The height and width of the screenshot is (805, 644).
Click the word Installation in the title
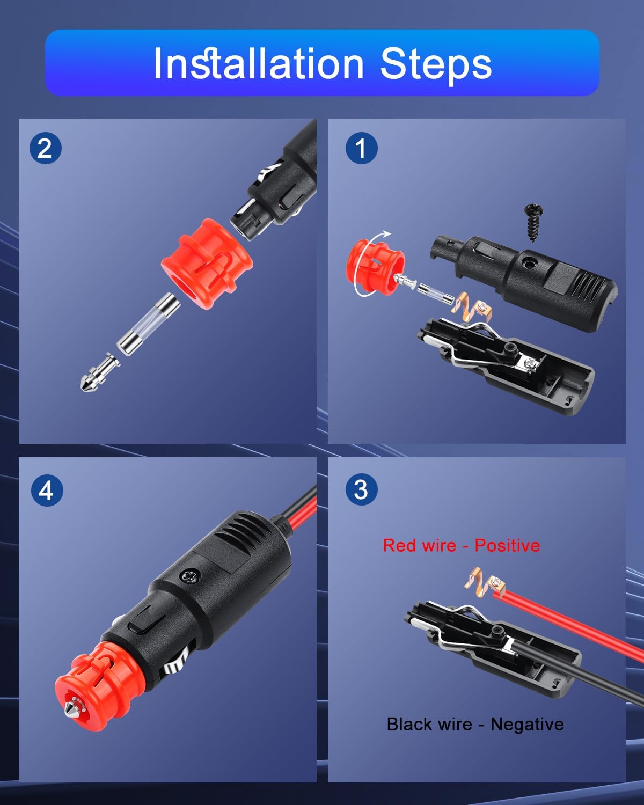[259, 63]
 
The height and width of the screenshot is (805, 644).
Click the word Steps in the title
[436, 65]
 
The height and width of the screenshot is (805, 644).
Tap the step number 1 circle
[361, 148]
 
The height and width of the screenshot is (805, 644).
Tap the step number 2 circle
[45, 148]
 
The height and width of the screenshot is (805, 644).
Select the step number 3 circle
[361, 489]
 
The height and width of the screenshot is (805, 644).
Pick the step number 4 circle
[47, 491]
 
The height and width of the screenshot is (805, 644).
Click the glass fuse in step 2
[149, 324]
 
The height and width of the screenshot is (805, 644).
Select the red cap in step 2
[207, 264]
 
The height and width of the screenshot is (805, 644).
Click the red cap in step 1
[374, 267]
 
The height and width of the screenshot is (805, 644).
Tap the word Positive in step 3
[507, 545]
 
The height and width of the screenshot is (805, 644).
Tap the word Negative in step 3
[527, 724]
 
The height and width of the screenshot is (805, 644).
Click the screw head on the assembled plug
[190, 576]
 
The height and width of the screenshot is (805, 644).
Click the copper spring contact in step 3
[485, 582]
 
